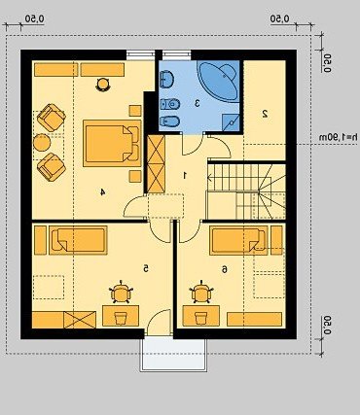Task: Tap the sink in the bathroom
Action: [166, 79]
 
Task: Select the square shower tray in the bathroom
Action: [231, 122]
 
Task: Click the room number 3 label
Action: [197, 103]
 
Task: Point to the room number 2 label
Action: [265, 114]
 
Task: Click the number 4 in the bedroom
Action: [102, 192]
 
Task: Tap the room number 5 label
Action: [146, 268]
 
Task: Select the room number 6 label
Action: [224, 269]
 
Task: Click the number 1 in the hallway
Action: [185, 176]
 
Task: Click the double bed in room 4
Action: [112, 143]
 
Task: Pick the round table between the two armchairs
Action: [42, 143]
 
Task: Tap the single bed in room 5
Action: [78, 240]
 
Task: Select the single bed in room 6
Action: [238, 240]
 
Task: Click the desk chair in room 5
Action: [121, 293]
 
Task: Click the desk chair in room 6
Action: [201, 293]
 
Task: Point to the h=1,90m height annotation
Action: [339, 137]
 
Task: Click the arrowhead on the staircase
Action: [210, 178]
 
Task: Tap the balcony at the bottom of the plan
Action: [173, 355]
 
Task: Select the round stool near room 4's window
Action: [103, 85]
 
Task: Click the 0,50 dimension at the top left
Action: [35, 19]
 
